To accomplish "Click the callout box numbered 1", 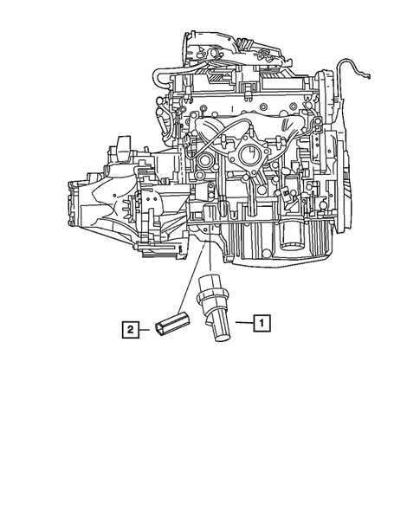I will pyautogui.click(x=259, y=324).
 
